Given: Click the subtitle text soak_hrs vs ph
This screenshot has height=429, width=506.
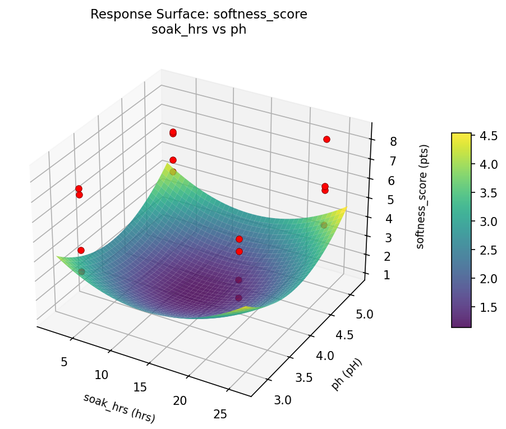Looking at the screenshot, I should tap(199, 30).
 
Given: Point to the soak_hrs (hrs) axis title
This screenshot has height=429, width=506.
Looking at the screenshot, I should tap(119, 408).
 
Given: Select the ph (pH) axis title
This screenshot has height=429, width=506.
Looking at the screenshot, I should tap(347, 374).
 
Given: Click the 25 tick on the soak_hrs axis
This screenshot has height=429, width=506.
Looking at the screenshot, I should tap(220, 414).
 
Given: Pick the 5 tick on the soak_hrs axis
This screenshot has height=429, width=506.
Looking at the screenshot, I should tap(63, 362).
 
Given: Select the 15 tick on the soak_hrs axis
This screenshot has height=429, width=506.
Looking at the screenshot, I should tap(140, 388).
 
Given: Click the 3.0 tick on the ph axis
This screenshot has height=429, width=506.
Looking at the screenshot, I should tap(283, 399).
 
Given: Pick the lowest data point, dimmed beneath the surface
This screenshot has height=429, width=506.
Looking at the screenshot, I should tap(238, 298).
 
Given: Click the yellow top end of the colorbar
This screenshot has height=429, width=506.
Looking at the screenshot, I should tap(461, 135).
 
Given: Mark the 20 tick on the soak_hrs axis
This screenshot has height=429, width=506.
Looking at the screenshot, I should tap(180, 400).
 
